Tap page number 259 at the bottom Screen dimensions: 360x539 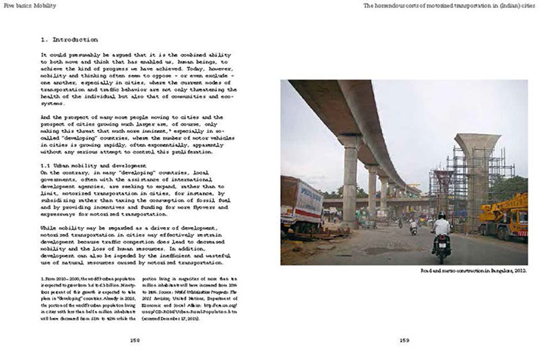pos(404,340)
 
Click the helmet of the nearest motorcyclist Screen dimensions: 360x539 pos(442,216)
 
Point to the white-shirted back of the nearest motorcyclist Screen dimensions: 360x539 pos(441,227)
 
